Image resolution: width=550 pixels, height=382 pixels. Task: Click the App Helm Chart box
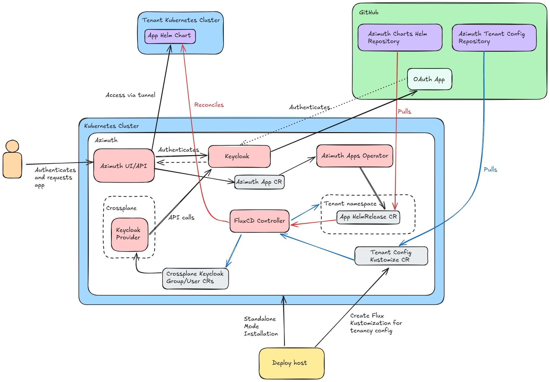click(170, 36)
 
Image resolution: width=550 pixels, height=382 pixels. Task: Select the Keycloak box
click(239, 156)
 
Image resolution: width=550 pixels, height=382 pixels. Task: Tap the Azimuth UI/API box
click(124, 166)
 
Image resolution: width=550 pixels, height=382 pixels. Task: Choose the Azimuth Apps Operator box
click(355, 156)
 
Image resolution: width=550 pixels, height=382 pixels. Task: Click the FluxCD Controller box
click(259, 221)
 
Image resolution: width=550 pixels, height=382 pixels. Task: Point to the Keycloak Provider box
click(129, 234)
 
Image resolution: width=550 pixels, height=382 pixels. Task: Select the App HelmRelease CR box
click(368, 217)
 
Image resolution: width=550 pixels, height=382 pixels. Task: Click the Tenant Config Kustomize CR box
click(391, 256)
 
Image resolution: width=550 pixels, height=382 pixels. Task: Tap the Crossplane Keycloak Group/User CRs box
click(195, 278)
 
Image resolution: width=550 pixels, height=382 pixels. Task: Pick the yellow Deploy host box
click(291, 363)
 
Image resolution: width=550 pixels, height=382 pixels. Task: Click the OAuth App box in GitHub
click(429, 79)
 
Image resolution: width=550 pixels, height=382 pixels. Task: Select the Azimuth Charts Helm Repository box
click(399, 38)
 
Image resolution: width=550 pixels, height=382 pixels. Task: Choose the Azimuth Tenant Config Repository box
click(494, 38)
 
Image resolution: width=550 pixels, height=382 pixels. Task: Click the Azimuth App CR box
click(259, 182)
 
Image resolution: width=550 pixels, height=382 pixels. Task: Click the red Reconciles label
click(209, 105)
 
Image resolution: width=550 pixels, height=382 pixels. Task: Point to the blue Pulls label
click(490, 169)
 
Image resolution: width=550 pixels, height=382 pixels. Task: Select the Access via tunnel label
click(130, 95)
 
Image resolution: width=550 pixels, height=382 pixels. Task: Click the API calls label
click(181, 218)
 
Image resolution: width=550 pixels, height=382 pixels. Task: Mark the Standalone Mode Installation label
click(261, 326)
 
